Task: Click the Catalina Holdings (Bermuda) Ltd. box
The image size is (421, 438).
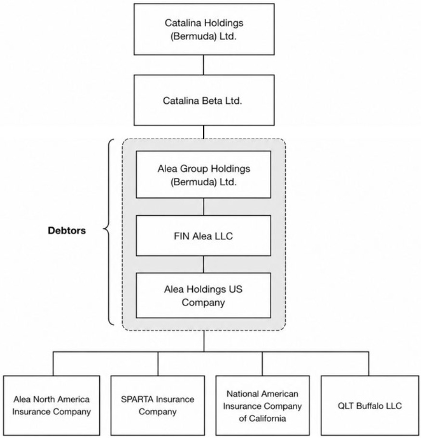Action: (204, 29)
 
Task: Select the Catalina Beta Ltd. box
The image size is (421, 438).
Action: (204, 100)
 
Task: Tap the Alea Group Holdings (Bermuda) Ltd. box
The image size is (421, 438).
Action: (203, 175)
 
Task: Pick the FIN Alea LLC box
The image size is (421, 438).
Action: (203, 235)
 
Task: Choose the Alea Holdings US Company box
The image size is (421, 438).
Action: (203, 296)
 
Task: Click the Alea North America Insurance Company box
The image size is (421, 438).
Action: (52, 405)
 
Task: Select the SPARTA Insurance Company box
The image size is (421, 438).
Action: (158, 405)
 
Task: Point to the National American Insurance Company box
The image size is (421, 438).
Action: (263, 405)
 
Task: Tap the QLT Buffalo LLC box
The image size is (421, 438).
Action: (369, 405)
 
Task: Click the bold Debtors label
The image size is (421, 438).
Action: (66, 231)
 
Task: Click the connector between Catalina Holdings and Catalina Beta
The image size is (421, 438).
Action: (203, 65)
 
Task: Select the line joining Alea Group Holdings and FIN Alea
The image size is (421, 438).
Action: (204, 207)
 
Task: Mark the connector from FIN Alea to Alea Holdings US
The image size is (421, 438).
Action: (204, 264)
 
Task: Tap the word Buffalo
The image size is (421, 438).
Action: (371, 406)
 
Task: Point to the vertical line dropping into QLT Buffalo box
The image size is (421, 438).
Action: (368, 363)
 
